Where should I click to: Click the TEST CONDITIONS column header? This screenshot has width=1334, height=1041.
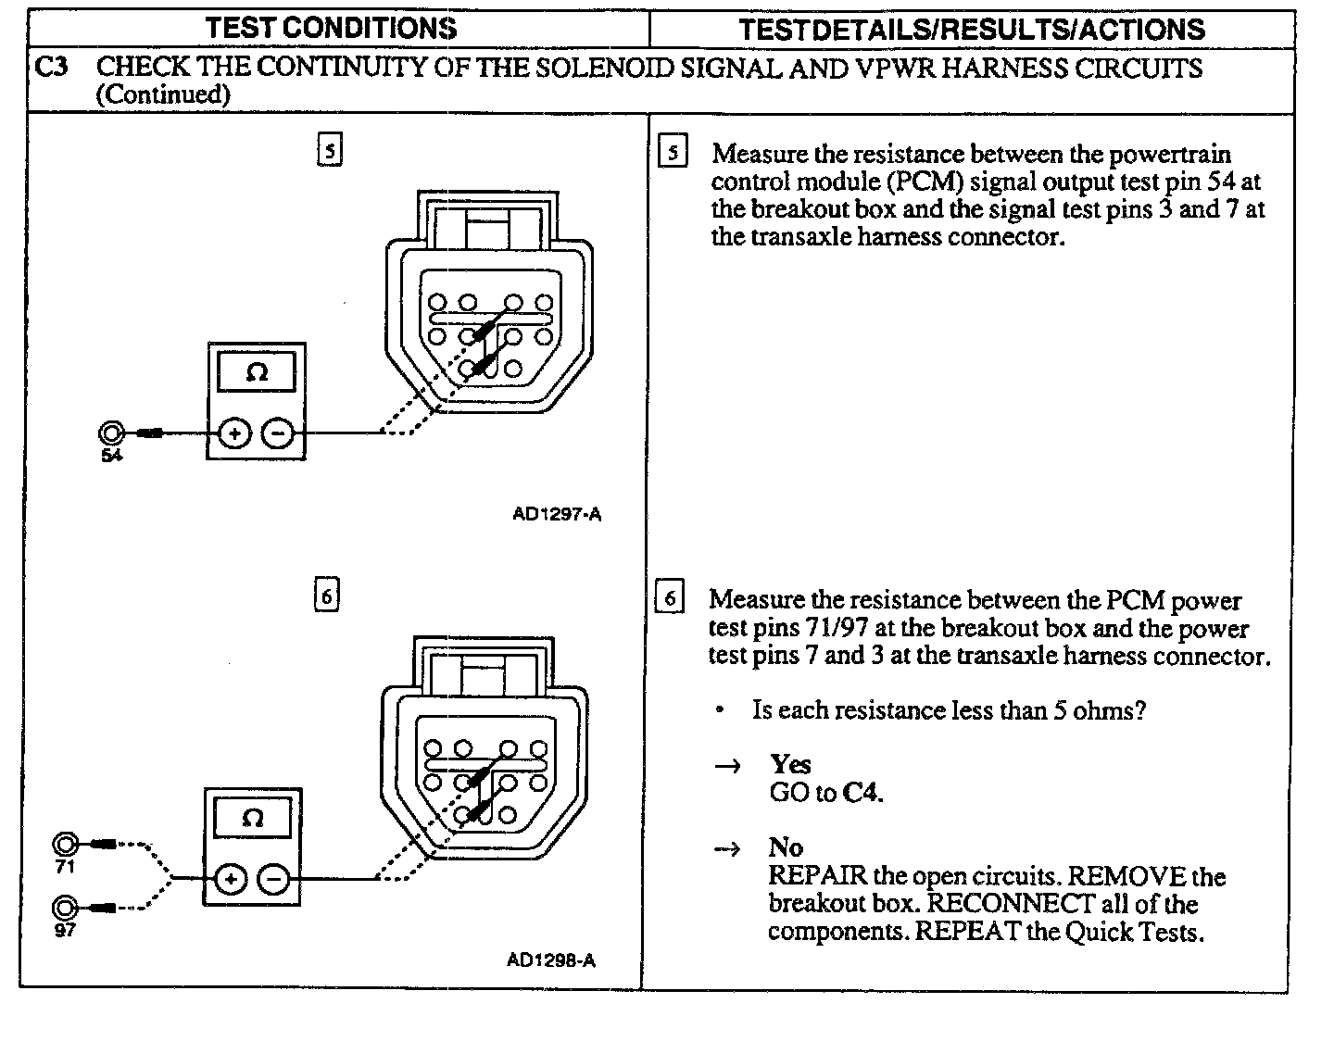[x=331, y=28]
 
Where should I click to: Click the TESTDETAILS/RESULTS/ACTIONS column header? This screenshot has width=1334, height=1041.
[x=972, y=29]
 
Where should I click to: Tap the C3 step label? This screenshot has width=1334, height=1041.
[x=52, y=68]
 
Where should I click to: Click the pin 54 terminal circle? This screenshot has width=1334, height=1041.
[x=111, y=433]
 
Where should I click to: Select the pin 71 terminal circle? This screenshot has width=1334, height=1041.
[x=66, y=845]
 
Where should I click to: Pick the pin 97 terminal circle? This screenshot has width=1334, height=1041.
[x=65, y=907]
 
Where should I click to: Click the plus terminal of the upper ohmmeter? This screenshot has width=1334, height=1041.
[x=234, y=433]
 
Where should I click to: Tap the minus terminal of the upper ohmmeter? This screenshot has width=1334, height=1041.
[x=277, y=433]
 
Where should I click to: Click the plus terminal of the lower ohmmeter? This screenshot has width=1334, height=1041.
[x=231, y=878]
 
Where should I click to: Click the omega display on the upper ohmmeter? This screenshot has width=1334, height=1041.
[x=257, y=373]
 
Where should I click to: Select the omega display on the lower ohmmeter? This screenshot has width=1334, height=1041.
[x=252, y=819]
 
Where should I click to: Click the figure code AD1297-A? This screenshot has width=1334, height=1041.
[x=557, y=514]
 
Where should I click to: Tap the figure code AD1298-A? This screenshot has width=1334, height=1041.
[x=551, y=960]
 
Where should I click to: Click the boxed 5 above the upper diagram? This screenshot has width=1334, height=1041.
[x=330, y=149]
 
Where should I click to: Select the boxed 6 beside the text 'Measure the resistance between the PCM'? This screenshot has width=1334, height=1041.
[x=670, y=598]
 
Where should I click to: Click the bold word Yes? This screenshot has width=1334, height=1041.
[x=790, y=764]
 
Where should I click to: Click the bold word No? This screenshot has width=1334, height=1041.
[x=786, y=847]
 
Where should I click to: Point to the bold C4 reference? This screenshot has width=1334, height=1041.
[x=861, y=793]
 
